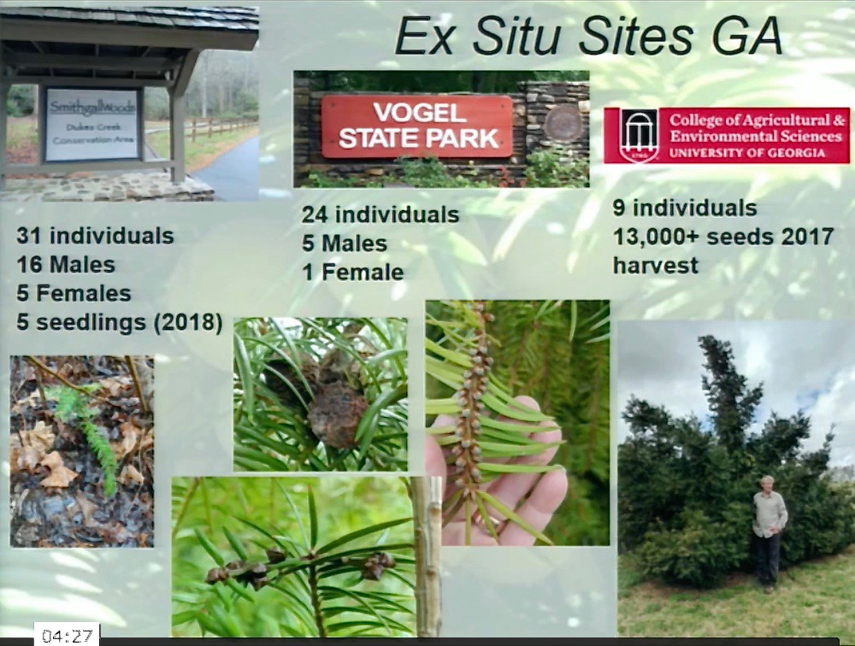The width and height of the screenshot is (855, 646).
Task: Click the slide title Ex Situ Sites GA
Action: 588,37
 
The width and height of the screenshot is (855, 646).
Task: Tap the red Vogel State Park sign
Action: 417,126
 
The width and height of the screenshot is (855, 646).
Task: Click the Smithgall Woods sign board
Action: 92,124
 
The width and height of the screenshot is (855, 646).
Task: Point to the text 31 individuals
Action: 96,236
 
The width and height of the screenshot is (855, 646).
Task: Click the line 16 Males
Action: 66,265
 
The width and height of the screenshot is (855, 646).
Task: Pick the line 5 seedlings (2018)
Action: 120,323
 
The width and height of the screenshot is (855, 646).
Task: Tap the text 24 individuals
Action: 380,214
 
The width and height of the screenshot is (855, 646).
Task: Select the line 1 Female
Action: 353,272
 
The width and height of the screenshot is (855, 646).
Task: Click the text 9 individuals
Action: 685,208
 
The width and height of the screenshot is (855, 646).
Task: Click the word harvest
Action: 656,266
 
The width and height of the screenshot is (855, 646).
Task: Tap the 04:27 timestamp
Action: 67,636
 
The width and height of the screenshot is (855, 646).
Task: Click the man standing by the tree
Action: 769,533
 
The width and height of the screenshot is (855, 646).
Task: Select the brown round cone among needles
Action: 337,414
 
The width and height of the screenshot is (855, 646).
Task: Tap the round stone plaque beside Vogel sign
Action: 563,126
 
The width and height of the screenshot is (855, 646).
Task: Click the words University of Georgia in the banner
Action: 747,153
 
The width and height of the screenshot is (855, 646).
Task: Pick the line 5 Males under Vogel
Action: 345,244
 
